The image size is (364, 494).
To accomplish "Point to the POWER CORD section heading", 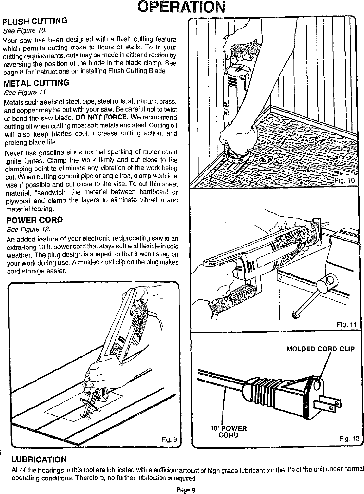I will click(x=33, y=220).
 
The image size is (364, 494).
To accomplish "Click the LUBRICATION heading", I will click(x=39, y=459).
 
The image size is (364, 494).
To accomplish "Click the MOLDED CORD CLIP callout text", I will click(x=320, y=349).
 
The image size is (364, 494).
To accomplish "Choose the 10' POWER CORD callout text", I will click(x=229, y=432).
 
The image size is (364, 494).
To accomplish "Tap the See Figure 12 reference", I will click(x=25, y=229).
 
